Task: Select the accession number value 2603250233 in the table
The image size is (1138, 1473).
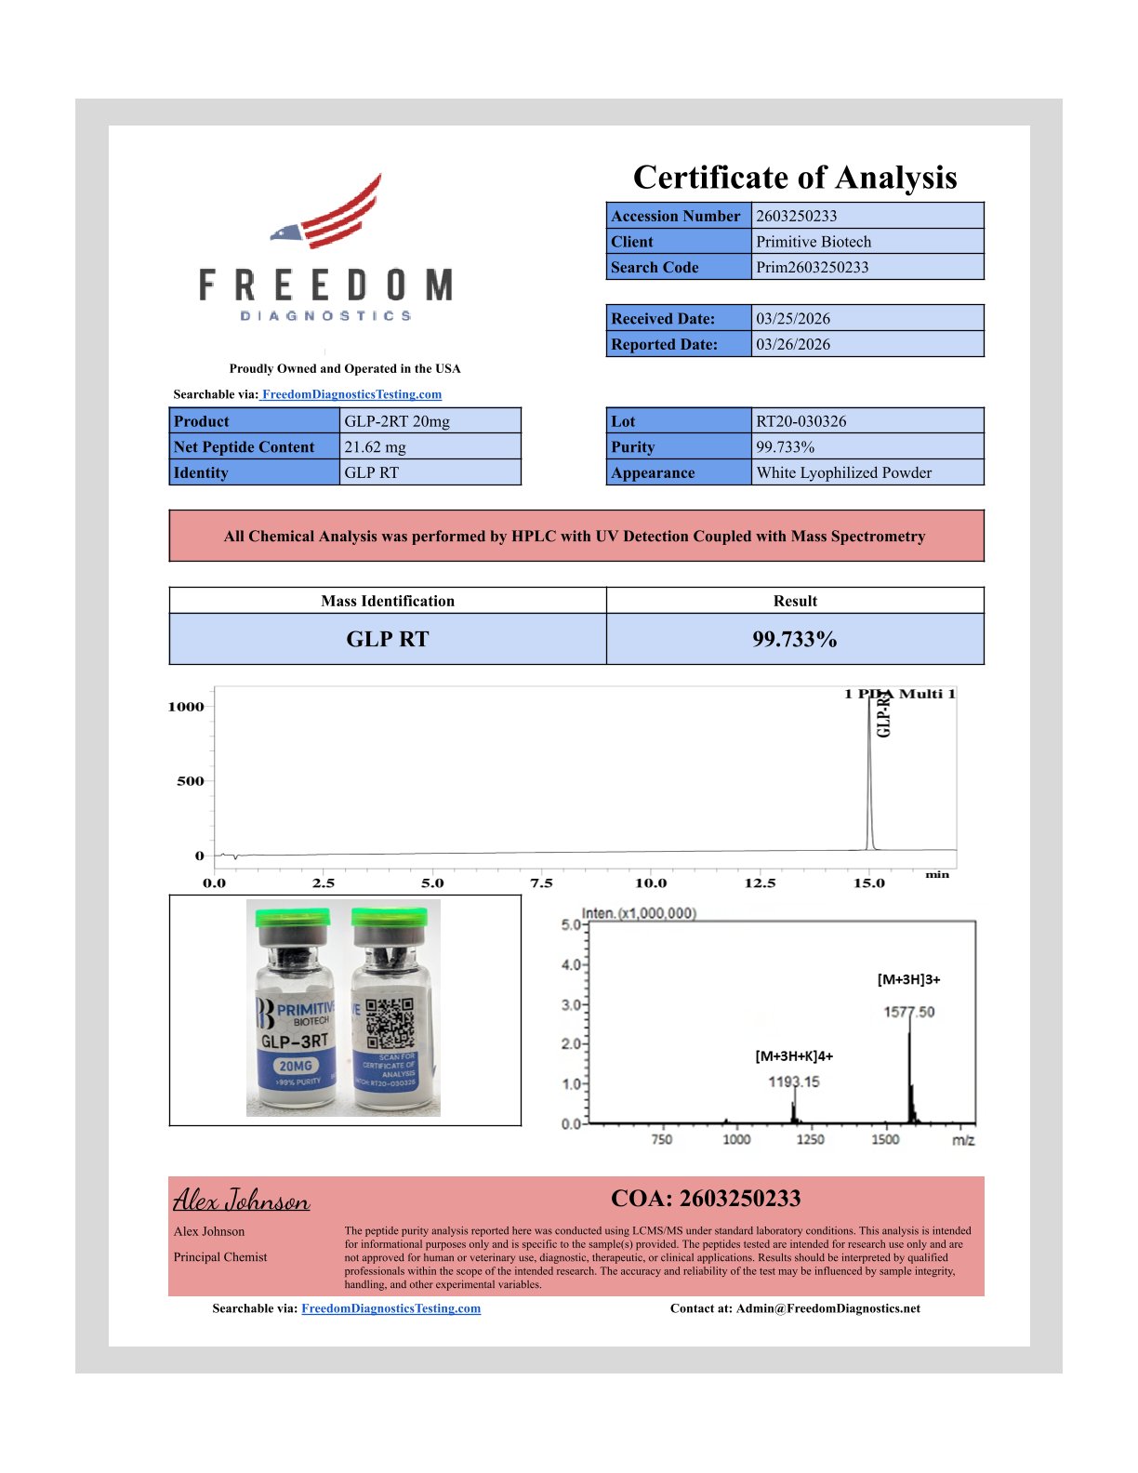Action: pos(796,216)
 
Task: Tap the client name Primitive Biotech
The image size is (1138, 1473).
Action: pos(814,242)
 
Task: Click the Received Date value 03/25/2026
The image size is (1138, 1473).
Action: pos(793,319)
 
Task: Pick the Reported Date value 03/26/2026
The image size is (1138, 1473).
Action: pos(793,344)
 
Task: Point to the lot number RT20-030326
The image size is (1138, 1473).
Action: pos(801,421)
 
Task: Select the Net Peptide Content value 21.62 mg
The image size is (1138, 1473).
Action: pos(375,447)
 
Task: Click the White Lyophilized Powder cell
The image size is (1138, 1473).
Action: pos(843,472)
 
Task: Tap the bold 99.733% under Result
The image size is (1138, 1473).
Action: pos(795,640)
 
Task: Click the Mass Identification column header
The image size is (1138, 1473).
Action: pos(388,601)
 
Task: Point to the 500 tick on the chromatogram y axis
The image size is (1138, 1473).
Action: pos(191,781)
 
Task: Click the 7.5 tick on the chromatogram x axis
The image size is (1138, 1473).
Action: pos(541,883)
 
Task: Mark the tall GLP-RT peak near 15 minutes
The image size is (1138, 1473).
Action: pos(869,772)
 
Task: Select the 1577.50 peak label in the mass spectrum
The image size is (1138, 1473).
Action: pos(908,1012)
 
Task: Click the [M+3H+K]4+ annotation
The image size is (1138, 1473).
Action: pos(794,1056)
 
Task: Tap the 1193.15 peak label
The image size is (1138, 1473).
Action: pos(793,1082)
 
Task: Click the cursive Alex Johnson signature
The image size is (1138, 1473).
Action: pos(242,1201)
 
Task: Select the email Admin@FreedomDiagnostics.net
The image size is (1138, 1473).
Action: pos(827,1308)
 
